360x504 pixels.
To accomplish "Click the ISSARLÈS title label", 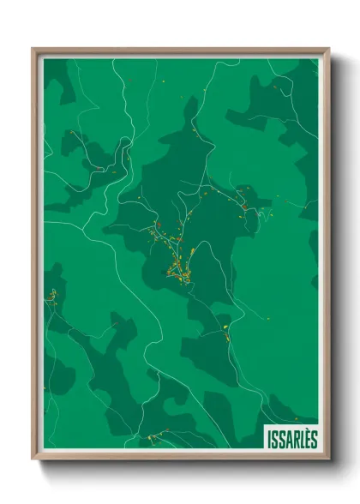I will point(291,437).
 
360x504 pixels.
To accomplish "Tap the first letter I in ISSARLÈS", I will point(268,437).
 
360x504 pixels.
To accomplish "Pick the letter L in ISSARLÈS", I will point(302,437).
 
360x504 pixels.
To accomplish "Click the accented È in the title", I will point(308,437).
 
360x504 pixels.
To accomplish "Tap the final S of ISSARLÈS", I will point(315,437).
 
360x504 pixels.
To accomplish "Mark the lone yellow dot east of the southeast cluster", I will point(268,319).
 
